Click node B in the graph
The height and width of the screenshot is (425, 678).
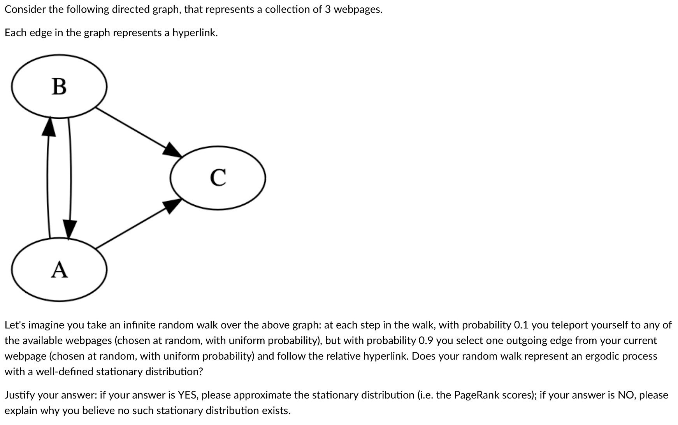click(x=59, y=86)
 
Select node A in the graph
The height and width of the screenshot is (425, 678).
click(x=59, y=269)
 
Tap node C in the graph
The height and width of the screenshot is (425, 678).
click(x=218, y=178)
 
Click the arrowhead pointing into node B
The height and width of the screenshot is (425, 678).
click(x=49, y=126)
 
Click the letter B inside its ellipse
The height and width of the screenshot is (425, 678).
click(x=59, y=86)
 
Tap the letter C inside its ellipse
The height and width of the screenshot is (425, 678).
click(x=218, y=178)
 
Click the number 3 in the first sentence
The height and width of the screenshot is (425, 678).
click(x=328, y=10)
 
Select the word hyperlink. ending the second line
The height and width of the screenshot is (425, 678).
click(x=195, y=33)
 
